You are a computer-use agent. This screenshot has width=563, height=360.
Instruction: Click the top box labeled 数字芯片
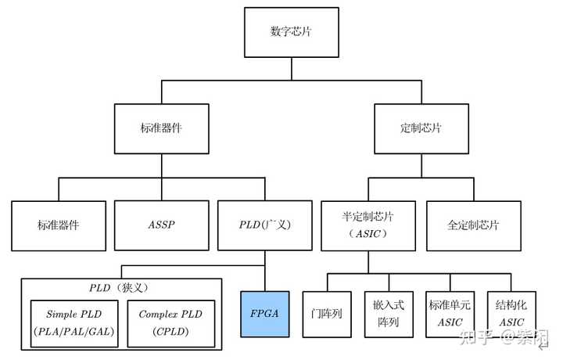(x=293, y=32)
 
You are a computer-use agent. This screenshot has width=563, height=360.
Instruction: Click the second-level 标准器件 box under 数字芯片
(x=161, y=128)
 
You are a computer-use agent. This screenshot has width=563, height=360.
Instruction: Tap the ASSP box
(x=161, y=225)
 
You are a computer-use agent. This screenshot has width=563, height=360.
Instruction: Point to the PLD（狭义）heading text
(x=121, y=287)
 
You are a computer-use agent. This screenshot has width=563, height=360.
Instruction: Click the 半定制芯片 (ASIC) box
(x=368, y=225)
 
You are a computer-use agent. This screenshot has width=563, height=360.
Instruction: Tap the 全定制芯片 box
(x=472, y=225)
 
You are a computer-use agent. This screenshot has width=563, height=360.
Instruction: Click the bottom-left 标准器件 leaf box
(x=59, y=225)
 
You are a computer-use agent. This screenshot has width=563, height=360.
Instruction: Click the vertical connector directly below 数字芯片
(x=293, y=68)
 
